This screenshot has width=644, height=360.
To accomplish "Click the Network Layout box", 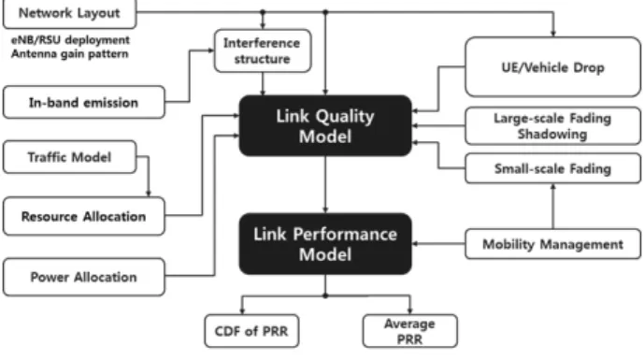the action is [x=69, y=14].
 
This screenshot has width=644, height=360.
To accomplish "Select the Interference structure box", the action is [x=263, y=50].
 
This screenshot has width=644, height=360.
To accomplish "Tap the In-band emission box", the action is [x=84, y=102].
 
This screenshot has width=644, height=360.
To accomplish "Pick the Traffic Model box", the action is [x=69, y=157].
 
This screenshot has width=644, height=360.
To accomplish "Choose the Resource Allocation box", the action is [x=84, y=216].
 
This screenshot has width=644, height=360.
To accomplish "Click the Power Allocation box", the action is [x=84, y=277].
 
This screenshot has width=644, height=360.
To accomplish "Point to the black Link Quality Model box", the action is [x=325, y=125].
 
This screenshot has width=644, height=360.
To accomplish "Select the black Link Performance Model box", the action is [x=325, y=244].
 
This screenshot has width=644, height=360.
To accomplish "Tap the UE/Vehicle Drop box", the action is [x=552, y=67].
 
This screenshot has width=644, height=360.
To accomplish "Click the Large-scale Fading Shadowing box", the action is [x=552, y=125].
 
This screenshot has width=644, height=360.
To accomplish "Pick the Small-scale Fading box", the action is [x=552, y=168].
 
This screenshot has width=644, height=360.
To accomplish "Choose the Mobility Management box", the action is [x=552, y=244].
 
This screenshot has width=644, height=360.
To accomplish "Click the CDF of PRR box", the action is [x=251, y=331].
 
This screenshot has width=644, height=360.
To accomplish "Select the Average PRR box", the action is [x=410, y=331].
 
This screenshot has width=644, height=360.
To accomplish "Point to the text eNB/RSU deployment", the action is [x=70, y=40].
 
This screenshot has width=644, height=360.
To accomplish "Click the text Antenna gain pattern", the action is [x=70, y=54].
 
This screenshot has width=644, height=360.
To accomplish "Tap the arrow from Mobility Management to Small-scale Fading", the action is [x=552, y=206].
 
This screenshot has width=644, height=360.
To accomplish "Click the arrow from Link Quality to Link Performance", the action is [x=325, y=184].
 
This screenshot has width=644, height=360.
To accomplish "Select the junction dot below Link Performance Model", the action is [x=325, y=295].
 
